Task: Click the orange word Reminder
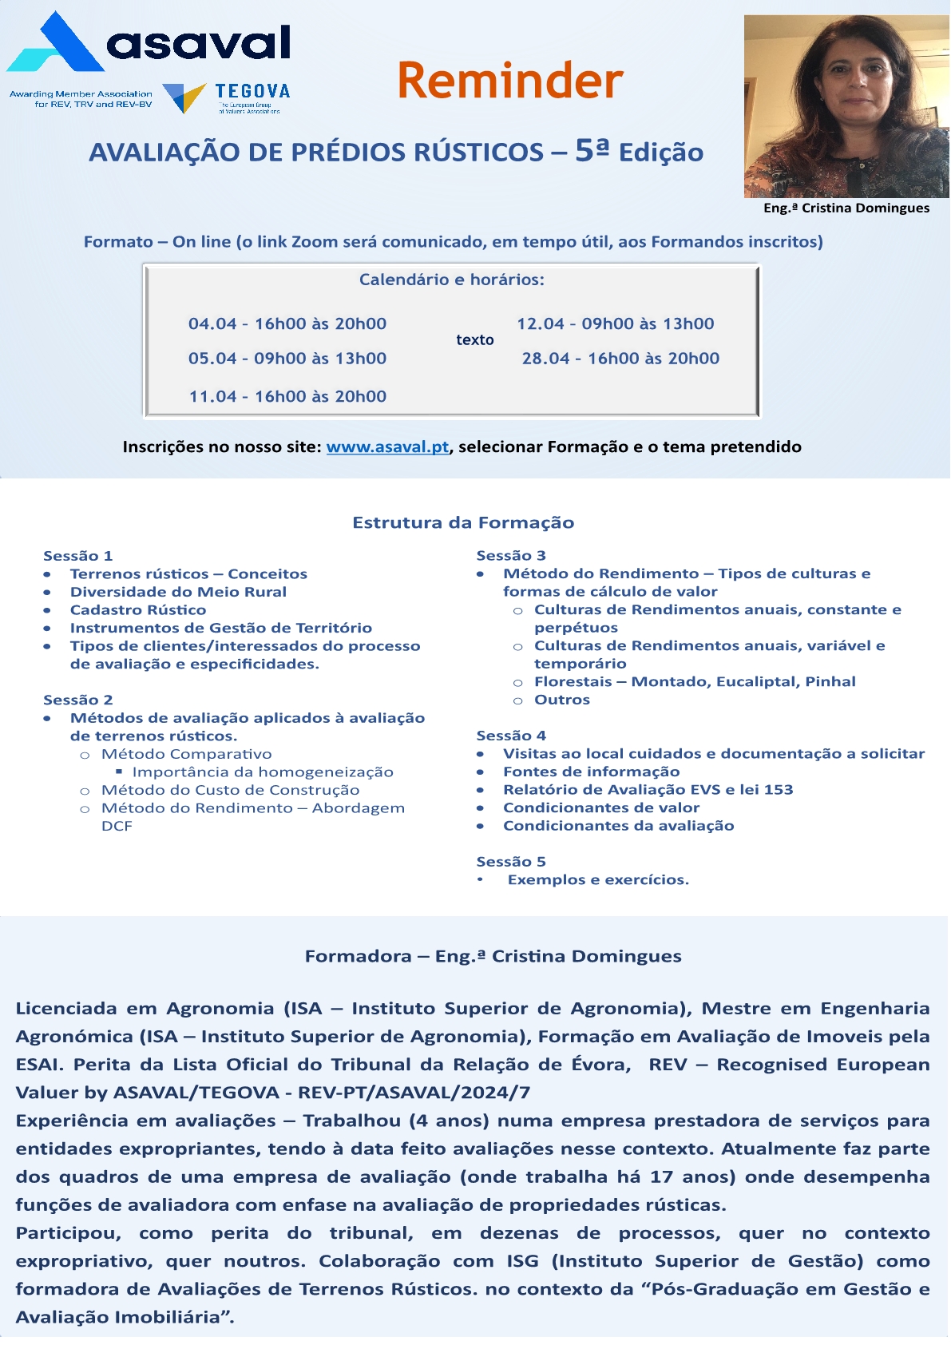coord(509,81)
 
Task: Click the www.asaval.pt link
coord(387,447)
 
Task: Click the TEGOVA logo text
coord(252,92)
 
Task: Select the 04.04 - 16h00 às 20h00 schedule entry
coord(287,324)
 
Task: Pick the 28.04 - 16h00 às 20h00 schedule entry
coord(620,359)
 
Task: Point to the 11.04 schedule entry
coord(287,397)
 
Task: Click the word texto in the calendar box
coord(475,340)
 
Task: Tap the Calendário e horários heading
coord(452,280)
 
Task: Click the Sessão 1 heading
coord(78,556)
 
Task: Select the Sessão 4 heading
coord(511,736)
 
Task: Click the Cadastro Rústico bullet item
coord(138,610)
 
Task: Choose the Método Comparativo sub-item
coord(187,754)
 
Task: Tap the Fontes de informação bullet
coord(591,772)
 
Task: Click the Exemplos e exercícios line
coord(598,880)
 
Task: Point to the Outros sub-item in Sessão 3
coord(562,700)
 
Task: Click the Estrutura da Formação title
coord(463,523)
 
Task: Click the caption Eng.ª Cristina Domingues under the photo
coord(846,208)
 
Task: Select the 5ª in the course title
coord(592,150)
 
